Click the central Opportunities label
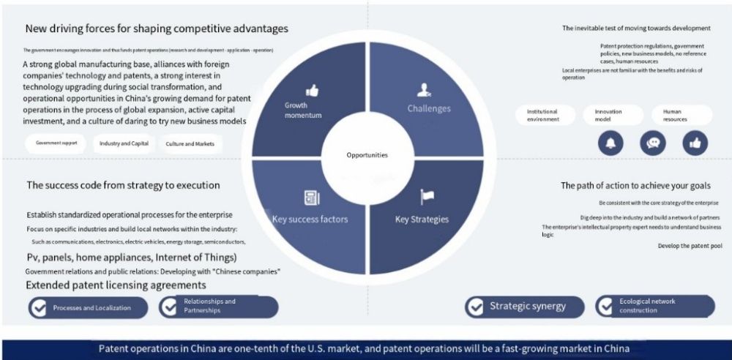pyautogui.click(x=367, y=155)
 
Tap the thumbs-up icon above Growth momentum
pyautogui.click(x=312, y=91)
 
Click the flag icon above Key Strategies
pyautogui.click(x=427, y=197)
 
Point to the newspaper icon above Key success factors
pyautogui.click(x=311, y=198)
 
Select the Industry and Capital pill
pyautogui.click(x=124, y=143)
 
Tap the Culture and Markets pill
pyautogui.click(x=190, y=144)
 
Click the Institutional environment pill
pyautogui.click(x=545, y=116)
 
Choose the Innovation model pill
pyautogui.click(x=613, y=116)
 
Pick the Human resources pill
pyautogui.click(x=681, y=116)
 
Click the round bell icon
pyautogui.click(x=611, y=143)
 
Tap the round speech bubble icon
pyautogui.click(x=653, y=143)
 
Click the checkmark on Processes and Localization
pyautogui.click(x=38, y=308)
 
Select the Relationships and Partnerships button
pyautogui.click(x=218, y=307)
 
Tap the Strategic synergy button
pyautogui.click(x=524, y=307)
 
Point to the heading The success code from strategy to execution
pyautogui.click(x=123, y=185)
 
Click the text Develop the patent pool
pyautogui.click(x=690, y=246)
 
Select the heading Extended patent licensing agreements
pyautogui.click(x=116, y=285)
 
